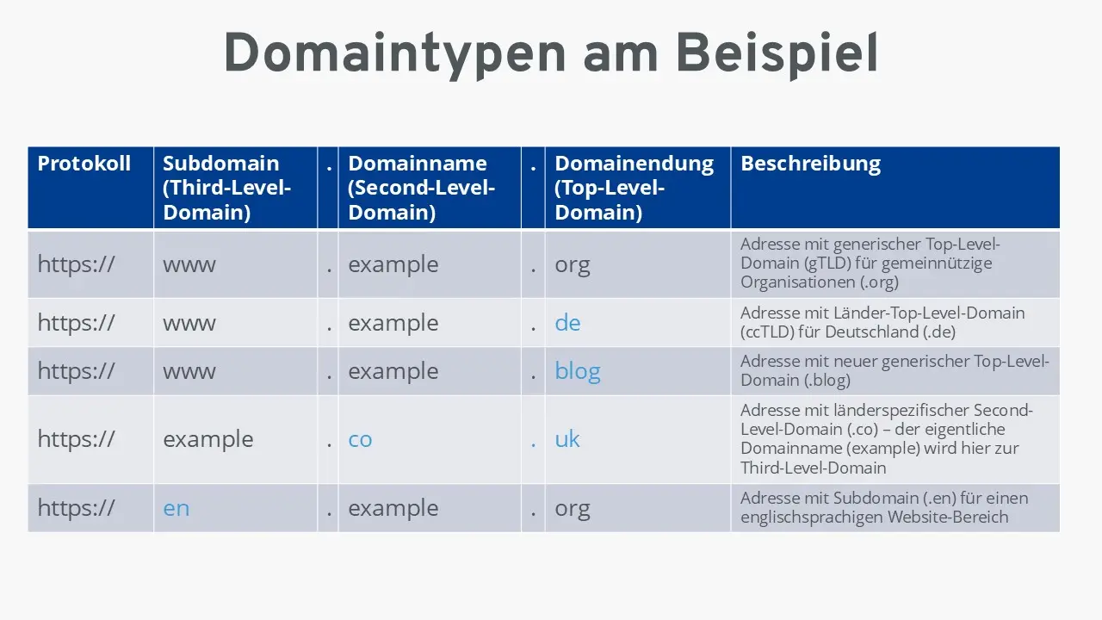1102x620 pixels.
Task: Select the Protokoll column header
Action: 84,164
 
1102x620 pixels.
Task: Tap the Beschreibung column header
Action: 810,164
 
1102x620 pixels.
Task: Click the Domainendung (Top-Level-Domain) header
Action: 634,188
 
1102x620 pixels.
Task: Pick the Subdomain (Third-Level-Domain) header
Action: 227,188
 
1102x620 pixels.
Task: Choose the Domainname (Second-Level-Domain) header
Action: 421,188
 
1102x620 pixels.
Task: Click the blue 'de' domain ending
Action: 567,323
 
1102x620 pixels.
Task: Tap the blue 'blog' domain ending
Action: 577,371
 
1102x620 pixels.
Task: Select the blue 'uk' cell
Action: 567,439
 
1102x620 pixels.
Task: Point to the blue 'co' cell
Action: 360,439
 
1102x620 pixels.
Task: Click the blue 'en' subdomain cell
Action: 176,508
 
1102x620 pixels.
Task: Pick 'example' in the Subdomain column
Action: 208,439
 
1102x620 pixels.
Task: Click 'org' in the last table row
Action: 573,508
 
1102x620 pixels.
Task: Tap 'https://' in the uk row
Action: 76,439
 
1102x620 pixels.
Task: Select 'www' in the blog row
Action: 189,371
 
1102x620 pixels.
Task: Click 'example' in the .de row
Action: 393,323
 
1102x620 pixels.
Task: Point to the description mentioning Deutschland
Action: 882,322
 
